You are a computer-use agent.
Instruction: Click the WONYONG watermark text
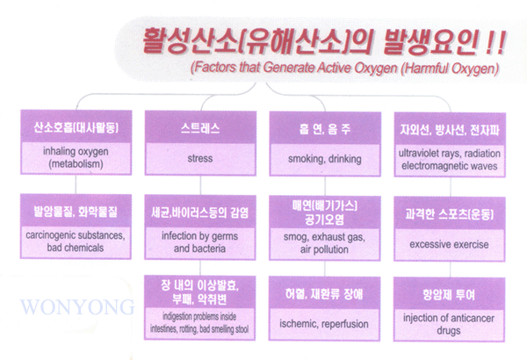pos(77,306)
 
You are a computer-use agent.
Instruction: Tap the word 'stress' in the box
pos(200,158)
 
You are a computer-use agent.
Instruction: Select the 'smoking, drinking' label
pos(325,159)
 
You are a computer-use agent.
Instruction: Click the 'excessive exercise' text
pos(449,244)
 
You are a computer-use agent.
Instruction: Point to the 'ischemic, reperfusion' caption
pos(324,324)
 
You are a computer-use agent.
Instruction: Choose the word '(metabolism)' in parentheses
pos(76,164)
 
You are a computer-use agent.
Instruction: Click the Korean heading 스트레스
pos(200,128)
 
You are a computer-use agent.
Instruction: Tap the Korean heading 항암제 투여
pos(449,295)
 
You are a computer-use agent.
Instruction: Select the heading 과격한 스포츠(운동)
pos(449,213)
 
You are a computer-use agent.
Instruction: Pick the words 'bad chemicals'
pos(76,248)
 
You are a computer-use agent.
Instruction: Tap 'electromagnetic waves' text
pos(450,166)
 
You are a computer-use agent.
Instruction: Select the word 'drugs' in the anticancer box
pos(449,331)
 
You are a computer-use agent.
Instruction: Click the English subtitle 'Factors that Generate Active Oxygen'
pos(293,68)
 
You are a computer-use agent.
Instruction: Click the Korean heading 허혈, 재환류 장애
pos(324,294)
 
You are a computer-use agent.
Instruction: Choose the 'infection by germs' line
pos(199,236)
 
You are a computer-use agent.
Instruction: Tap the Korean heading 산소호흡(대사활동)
pos(76,127)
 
